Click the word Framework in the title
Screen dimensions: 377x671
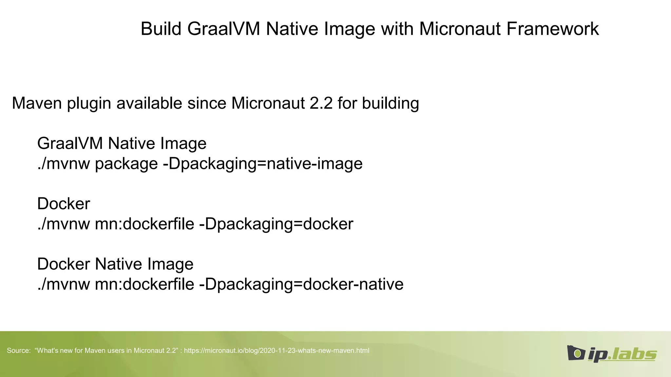(552, 29)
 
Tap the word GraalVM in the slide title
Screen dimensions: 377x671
(224, 29)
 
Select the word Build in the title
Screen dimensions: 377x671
(161, 29)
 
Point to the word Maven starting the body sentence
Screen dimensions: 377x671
(37, 103)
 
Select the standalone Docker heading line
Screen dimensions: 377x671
(64, 204)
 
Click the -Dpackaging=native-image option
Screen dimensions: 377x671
(262, 164)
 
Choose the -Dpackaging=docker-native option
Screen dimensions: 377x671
(301, 284)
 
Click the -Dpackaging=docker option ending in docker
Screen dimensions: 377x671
(276, 224)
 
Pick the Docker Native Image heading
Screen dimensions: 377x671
(115, 264)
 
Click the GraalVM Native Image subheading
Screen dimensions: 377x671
(122, 143)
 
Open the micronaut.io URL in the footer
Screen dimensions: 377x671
(277, 350)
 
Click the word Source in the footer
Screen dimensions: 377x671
(18, 350)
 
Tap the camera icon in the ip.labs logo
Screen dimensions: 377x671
(576, 353)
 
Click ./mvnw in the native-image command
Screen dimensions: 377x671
(64, 164)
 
